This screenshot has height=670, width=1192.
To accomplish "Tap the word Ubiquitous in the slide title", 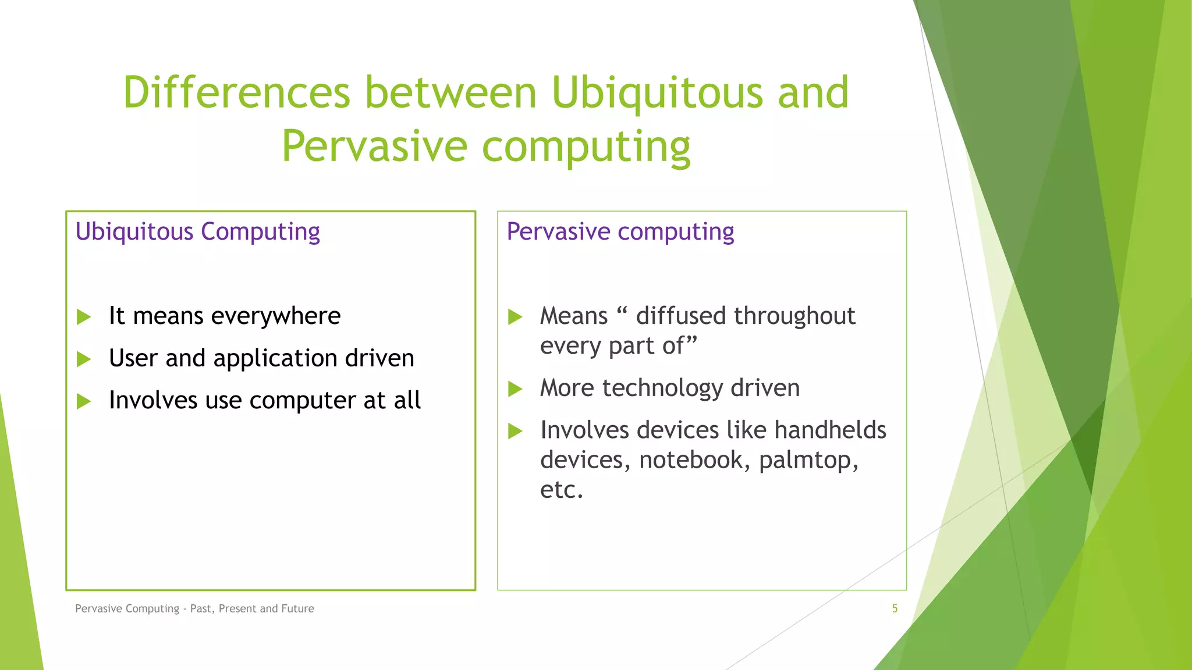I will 657,93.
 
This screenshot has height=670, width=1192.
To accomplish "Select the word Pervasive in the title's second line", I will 374,147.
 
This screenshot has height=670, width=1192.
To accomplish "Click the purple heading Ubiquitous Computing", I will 197,231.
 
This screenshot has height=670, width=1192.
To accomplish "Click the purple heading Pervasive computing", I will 620,231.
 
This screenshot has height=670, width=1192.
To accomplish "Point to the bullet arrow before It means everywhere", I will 84,317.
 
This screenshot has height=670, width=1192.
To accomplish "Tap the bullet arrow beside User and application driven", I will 84,359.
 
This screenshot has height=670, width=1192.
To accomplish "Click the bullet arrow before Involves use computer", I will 84,401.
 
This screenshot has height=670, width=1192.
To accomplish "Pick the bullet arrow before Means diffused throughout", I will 515,317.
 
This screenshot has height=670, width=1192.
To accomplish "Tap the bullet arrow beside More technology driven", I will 515,389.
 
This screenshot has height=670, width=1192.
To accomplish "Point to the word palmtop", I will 808,461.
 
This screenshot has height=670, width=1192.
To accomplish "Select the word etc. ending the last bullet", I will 561,490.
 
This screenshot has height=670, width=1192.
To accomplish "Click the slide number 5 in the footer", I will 895,608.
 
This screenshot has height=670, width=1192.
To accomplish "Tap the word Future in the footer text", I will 297,608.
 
